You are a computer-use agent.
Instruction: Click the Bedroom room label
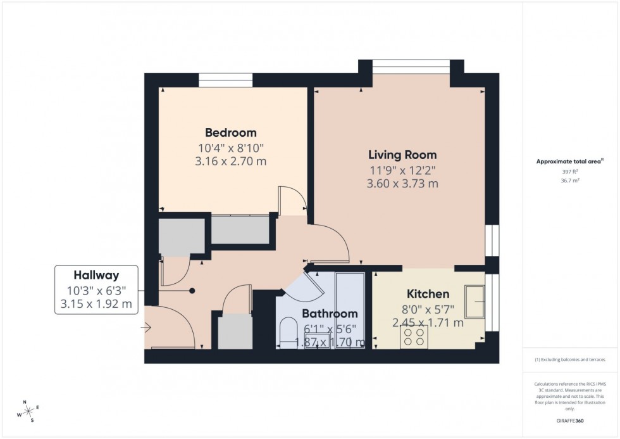[231, 133]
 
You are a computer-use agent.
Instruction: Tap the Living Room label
[402, 155]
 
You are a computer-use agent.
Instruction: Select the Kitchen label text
[428, 294]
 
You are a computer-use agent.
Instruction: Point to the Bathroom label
[330, 314]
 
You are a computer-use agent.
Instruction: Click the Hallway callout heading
[96, 275]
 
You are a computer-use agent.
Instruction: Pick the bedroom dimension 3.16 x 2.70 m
[231, 162]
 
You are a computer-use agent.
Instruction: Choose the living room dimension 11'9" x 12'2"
[402, 170]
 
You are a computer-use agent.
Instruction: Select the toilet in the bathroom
[288, 333]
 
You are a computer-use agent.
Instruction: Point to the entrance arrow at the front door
[147, 328]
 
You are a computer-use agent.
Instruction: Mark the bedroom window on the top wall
[226, 80]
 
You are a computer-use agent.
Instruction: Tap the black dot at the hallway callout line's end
[192, 291]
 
